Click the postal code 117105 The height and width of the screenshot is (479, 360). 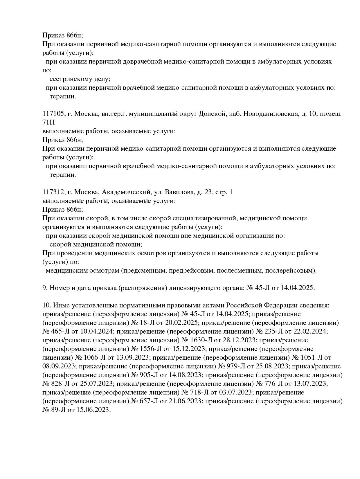point(53,114)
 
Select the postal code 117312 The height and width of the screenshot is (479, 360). point(53,192)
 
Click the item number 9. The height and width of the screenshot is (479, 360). point(45,288)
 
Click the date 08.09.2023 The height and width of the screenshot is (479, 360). point(59,366)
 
